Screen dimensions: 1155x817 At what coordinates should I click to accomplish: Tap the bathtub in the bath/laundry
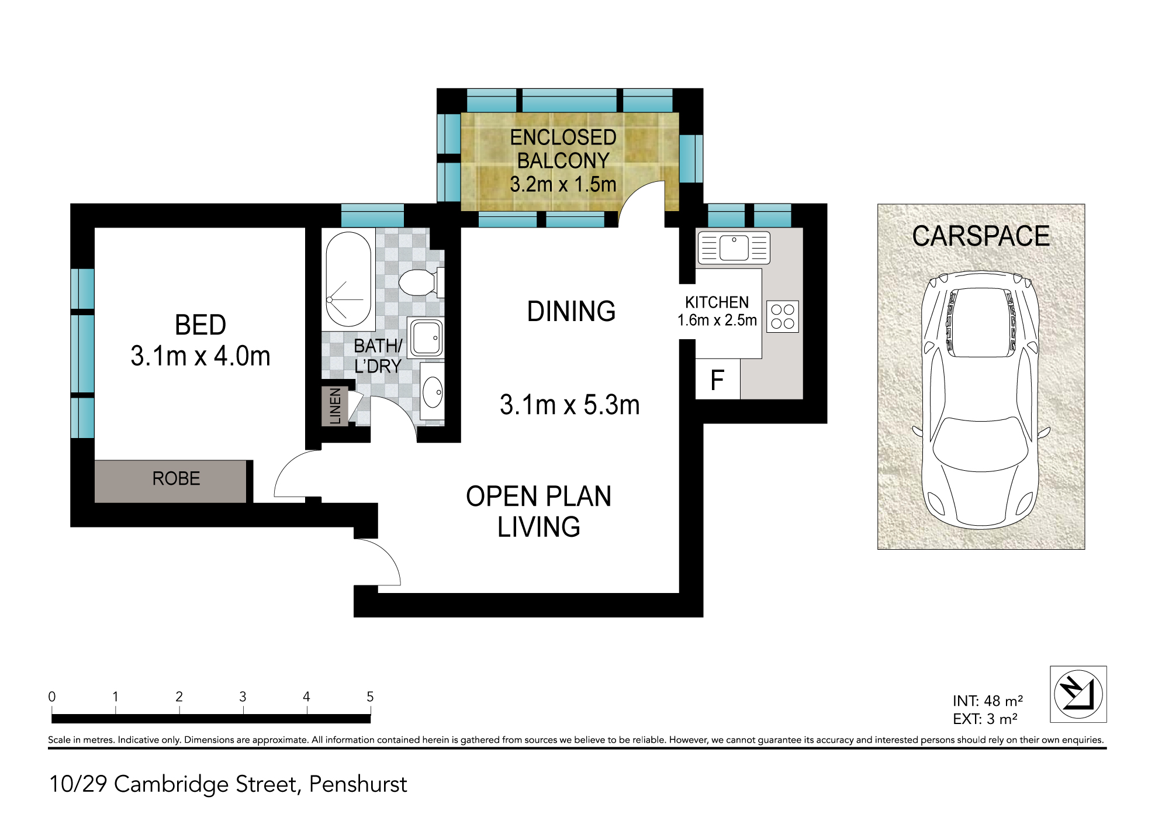348,280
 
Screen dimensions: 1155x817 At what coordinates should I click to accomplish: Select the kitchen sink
734,248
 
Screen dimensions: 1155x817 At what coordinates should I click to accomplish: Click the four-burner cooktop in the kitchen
783,316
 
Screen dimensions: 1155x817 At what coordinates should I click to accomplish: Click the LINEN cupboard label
335,406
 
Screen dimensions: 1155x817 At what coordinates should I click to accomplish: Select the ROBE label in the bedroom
176,479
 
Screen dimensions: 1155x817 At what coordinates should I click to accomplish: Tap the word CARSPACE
981,236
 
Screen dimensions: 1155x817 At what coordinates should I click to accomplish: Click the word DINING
571,311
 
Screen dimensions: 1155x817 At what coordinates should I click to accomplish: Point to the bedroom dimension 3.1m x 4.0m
200,356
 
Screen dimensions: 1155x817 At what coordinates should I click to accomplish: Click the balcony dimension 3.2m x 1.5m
563,184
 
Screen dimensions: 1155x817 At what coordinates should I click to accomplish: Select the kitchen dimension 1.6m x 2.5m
717,320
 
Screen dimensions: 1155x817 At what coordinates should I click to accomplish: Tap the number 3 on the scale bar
243,697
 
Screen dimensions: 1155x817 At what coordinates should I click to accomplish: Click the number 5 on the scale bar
370,697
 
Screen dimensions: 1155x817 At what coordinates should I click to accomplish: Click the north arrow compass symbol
1078,694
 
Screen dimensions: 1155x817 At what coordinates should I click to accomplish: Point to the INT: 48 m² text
988,701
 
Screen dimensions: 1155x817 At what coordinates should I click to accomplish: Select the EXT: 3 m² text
985,719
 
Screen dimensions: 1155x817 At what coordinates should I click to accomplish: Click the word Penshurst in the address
358,784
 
